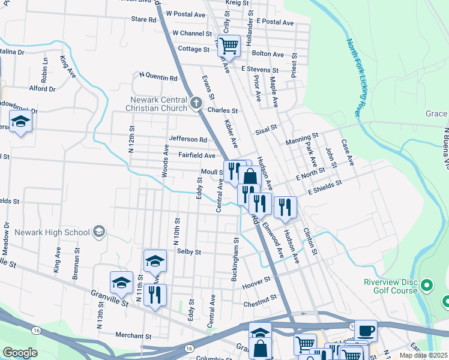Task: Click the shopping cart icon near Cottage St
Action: point(228,45)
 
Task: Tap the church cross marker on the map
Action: point(194,104)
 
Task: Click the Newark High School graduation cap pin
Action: point(99,232)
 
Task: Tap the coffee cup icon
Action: point(365,330)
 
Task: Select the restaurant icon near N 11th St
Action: point(155,295)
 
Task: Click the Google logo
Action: point(20,353)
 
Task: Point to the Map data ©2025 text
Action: point(423,355)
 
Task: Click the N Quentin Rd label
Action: point(158,77)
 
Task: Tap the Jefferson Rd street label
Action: point(188,139)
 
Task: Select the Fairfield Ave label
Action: point(196,155)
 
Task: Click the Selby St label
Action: point(188,252)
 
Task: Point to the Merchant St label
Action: point(116,335)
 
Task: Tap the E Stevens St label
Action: point(261,69)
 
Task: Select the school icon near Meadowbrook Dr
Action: point(20,123)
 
